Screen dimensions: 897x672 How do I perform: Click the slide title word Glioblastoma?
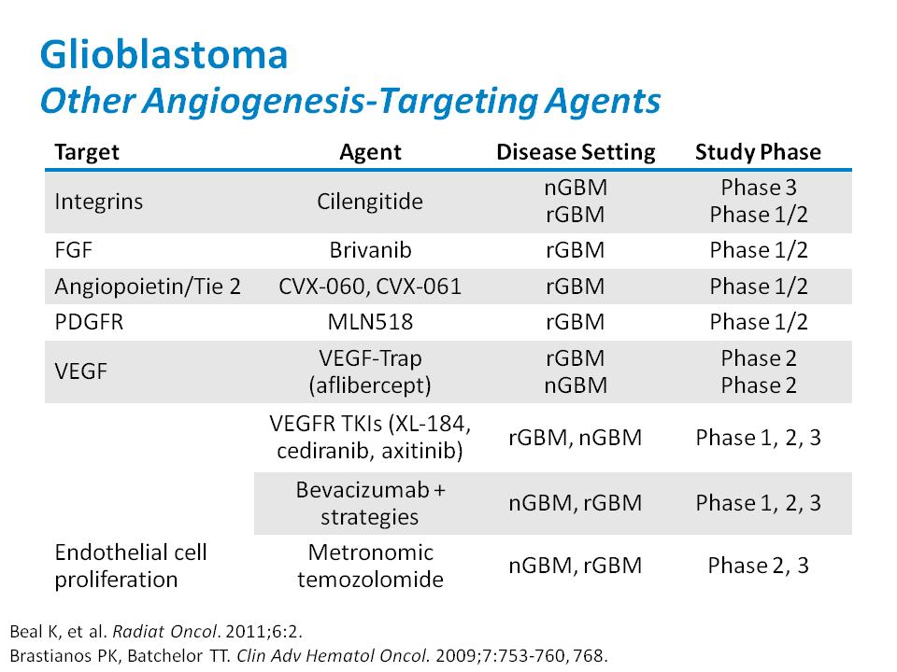[x=164, y=55]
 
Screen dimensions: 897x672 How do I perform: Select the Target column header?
[x=87, y=152]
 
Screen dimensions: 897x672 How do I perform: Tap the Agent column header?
[x=370, y=152]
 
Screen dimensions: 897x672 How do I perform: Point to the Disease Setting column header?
[x=576, y=152]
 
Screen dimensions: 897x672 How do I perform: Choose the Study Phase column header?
[x=758, y=152]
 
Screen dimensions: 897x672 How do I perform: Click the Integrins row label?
[x=98, y=202]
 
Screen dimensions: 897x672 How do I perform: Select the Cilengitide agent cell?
[x=370, y=202]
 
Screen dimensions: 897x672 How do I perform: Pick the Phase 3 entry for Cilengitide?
[x=759, y=188]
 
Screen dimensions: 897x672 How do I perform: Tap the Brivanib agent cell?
[x=370, y=250]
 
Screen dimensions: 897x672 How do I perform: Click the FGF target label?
[x=73, y=250]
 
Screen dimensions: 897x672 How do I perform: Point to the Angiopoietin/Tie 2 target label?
[x=148, y=287]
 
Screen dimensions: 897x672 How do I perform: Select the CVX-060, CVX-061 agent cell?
[x=370, y=287]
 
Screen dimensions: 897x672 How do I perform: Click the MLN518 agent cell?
[x=370, y=322]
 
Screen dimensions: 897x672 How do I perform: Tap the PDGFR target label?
[x=89, y=322]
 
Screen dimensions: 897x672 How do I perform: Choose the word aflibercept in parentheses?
[x=370, y=385]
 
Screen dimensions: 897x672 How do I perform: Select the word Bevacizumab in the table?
[x=363, y=490]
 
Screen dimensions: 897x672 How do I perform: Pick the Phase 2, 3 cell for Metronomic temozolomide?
[x=758, y=566]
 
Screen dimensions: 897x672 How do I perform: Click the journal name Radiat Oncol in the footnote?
[x=165, y=632]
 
